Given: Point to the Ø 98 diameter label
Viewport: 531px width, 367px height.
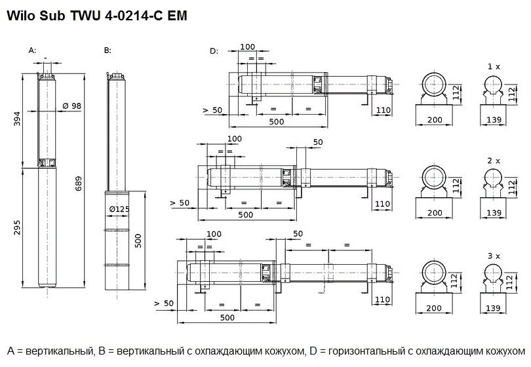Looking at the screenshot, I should pyautogui.click(x=71, y=106).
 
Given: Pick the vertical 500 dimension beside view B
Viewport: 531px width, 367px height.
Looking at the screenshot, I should pyautogui.click(x=138, y=240).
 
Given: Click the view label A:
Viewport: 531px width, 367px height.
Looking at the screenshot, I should pyautogui.click(x=33, y=50).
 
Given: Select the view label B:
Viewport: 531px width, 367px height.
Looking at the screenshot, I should pyautogui.click(x=108, y=50).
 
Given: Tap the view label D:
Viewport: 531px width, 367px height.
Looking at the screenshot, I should pyautogui.click(x=214, y=50).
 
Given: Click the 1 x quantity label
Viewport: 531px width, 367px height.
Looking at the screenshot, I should pyautogui.click(x=494, y=67).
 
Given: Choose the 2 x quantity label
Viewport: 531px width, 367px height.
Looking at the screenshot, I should pyautogui.click(x=494, y=160).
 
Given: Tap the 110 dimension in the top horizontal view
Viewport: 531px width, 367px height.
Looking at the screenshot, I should pyautogui.click(x=383, y=111).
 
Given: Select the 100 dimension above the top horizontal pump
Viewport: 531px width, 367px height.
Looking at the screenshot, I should pyautogui.click(x=248, y=47).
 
